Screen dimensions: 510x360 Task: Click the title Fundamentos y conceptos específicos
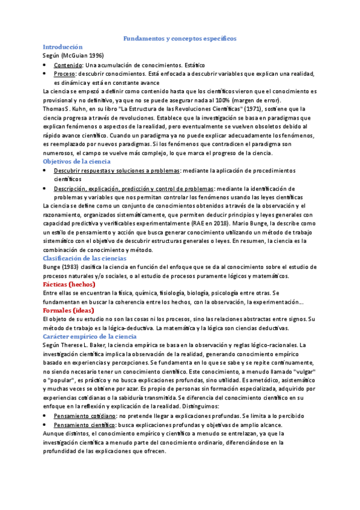tap(180, 38)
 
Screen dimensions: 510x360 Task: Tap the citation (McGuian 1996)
tap(82, 55)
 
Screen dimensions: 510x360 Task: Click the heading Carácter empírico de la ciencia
tap(90, 336)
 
